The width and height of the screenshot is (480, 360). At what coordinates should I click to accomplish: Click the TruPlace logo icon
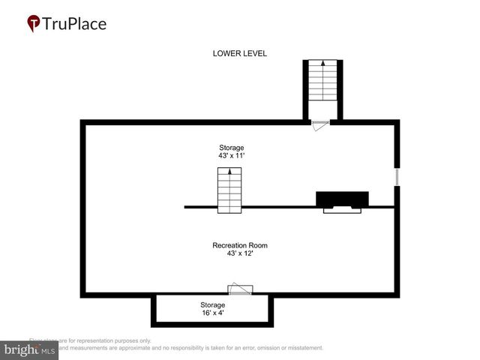(x=34, y=24)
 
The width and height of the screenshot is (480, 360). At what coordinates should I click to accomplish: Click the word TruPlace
(x=75, y=23)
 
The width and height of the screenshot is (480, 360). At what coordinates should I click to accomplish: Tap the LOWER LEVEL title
(x=240, y=53)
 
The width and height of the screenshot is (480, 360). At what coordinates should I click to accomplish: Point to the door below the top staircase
(x=320, y=124)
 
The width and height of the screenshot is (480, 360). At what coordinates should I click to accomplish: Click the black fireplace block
(x=342, y=199)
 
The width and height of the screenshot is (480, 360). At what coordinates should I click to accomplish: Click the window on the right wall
(x=397, y=177)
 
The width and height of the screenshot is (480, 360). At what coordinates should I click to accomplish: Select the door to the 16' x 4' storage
(x=241, y=289)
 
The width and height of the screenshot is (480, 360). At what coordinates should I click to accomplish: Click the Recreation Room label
(x=240, y=245)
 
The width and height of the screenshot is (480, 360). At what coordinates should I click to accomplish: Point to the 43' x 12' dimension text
(x=240, y=253)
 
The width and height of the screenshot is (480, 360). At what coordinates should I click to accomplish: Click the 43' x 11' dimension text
(x=231, y=155)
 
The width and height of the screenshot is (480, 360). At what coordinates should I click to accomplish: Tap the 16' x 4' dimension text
(x=212, y=313)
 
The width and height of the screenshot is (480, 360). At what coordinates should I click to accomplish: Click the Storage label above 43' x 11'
(x=231, y=147)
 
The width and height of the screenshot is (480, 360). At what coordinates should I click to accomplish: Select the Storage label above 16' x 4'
(x=212, y=304)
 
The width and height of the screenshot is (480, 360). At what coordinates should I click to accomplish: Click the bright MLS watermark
(x=30, y=349)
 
